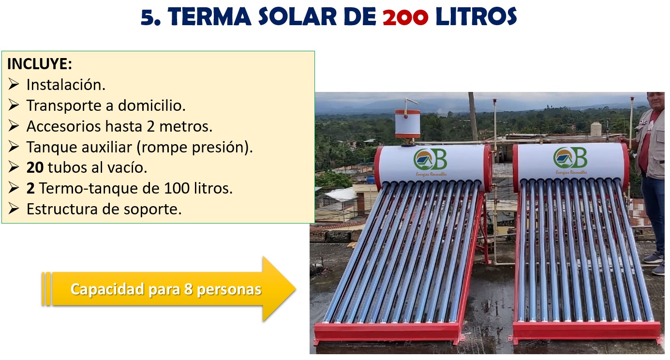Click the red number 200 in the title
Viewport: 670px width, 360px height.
click(405, 17)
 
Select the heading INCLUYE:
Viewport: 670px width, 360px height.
click(40, 64)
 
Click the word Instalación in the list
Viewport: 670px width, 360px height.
click(66, 85)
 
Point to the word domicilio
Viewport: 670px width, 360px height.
click(151, 105)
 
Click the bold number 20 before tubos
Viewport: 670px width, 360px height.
click(35, 167)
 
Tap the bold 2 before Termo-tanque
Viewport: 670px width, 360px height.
click(30, 188)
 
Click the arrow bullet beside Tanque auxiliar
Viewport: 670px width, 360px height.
click(14, 147)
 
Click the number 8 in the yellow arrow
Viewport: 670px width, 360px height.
click(188, 289)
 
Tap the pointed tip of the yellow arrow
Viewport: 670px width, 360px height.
click(295, 289)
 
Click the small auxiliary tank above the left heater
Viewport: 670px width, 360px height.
click(407, 123)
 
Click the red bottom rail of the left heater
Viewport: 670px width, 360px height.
click(387, 331)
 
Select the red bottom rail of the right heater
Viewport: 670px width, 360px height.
click(587, 330)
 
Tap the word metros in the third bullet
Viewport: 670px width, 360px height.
click(186, 126)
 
